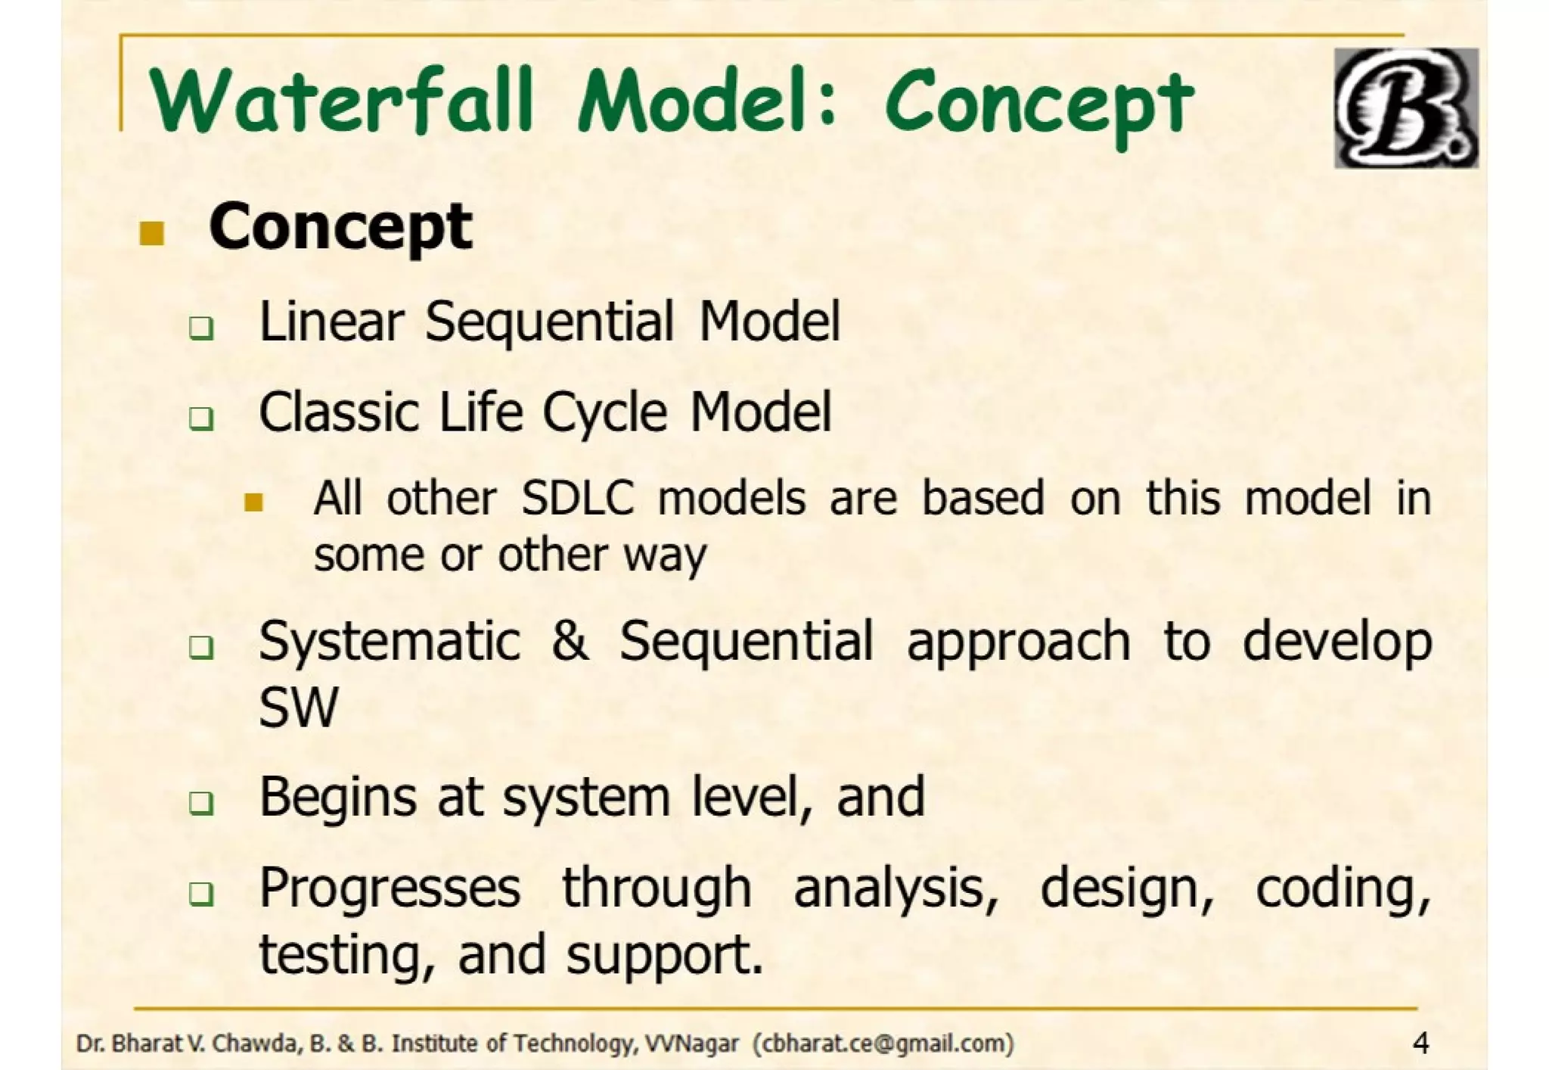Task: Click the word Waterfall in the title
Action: point(340,100)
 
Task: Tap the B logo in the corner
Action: point(1405,107)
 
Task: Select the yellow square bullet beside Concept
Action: point(152,233)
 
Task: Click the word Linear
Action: point(331,321)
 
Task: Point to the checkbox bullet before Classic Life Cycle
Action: point(201,418)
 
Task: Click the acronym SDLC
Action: point(578,499)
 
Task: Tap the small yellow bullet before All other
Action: point(254,502)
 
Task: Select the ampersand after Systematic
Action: point(570,641)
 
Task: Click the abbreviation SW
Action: point(298,708)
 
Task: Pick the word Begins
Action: point(337,798)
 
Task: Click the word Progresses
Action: point(390,889)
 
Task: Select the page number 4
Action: point(1420,1044)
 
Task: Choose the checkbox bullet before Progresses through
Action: point(201,894)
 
